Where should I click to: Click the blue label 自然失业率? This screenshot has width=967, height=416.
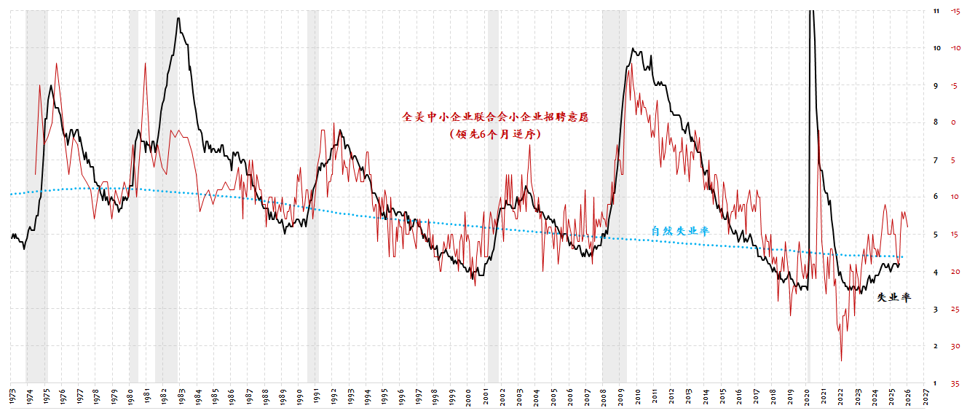coord(680,231)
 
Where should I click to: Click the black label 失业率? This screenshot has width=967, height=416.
coord(893,297)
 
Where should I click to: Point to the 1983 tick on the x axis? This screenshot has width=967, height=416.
coord(181,396)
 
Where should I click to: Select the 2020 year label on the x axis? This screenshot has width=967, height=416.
coord(807,396)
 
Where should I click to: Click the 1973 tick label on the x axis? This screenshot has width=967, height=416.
coord(12,396)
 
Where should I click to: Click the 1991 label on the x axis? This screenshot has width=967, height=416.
coord(316,396)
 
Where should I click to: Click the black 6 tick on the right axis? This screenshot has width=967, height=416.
coord(936,197)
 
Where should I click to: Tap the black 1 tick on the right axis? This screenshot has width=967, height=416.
coord(936,383)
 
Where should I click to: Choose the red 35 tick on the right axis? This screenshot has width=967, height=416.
coord(954,383)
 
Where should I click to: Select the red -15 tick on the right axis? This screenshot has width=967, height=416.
coord(954,11)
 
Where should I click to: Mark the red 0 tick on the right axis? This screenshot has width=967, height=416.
coord(954,122)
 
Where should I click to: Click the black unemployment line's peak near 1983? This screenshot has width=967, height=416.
coord(178,18)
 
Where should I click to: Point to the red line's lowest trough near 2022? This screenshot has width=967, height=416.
coord(842,360)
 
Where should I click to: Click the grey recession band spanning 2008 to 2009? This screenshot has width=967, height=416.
coord(615,197)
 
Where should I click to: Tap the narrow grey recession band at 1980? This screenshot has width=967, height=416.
coord(133,197)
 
